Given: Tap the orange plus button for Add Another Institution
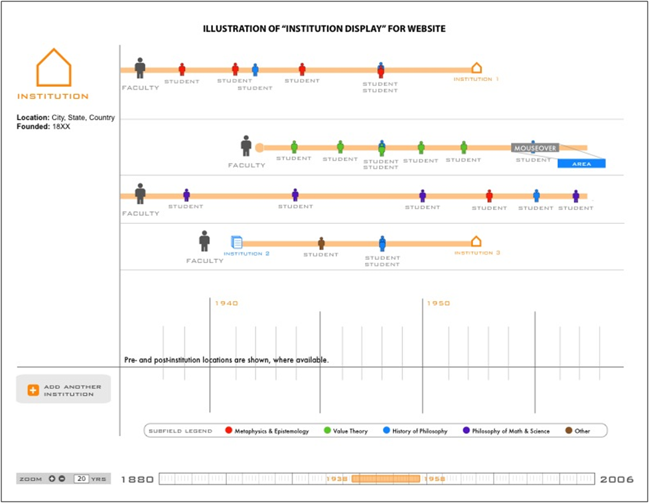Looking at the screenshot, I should tap(33, 390).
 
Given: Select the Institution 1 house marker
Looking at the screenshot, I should tap(476, 68).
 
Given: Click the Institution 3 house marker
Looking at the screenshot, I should tap(476, 241).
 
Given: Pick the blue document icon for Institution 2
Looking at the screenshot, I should tap(237, 243).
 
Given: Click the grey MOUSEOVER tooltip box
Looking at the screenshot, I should tap(535, 148).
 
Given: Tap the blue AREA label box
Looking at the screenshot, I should tap(581, 163).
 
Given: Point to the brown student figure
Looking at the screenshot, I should tap(321, 243).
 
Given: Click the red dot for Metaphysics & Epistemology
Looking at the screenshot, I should tap(228, 431).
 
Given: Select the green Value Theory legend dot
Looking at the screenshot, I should tap(327, 431).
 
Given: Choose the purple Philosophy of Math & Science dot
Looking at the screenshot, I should tap(466, 431).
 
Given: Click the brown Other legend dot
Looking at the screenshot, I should tap(569, 431).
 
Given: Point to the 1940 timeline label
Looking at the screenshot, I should tap(226, 303).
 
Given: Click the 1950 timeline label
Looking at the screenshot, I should tap(438, 303).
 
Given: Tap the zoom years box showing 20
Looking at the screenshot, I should tap(82, 478).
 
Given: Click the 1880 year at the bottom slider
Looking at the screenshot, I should tap(137, 479).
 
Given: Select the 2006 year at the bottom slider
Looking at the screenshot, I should tap(616, 479).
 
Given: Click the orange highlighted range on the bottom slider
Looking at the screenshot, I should tap(386, 478).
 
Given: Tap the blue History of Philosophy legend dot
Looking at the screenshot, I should tap(386, 431).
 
